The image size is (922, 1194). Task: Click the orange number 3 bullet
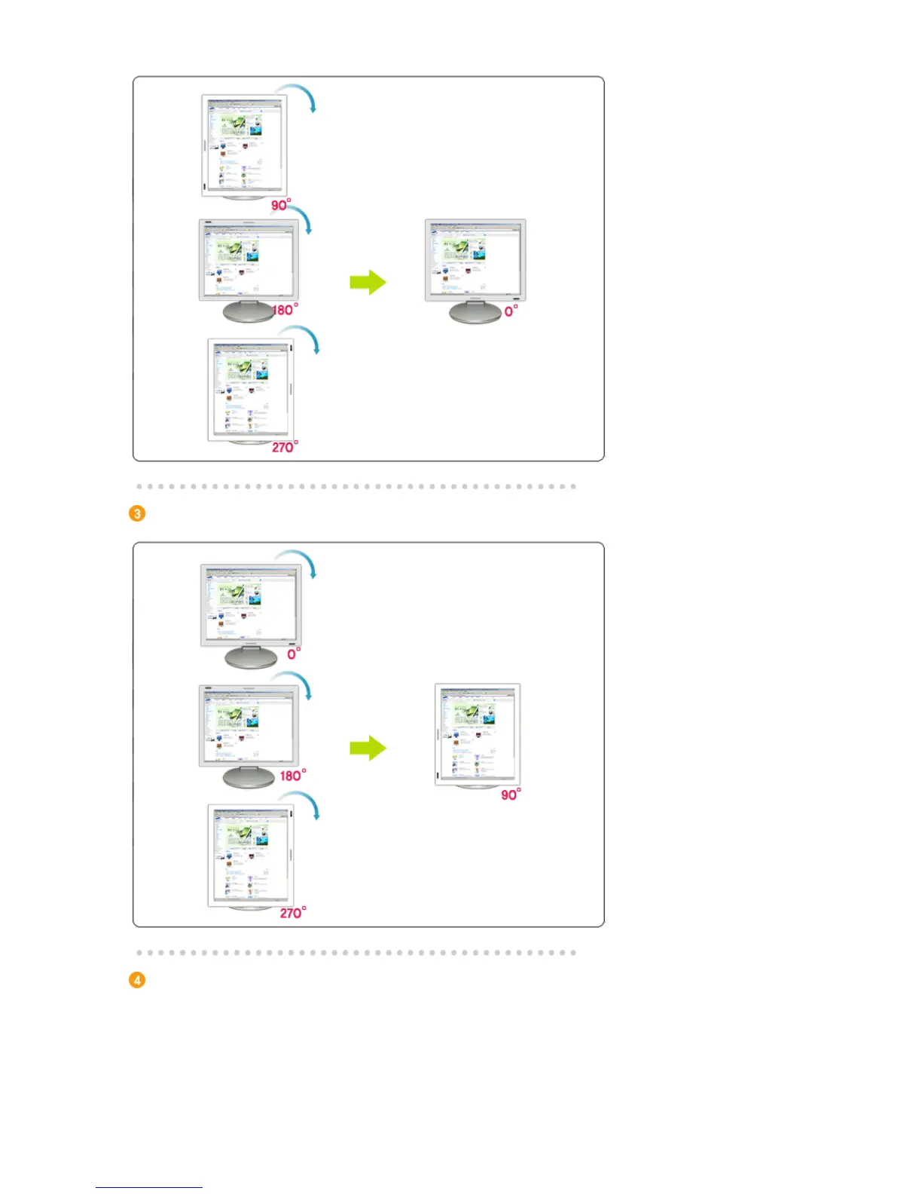click(137, 513)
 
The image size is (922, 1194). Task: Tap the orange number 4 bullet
click(137, 980)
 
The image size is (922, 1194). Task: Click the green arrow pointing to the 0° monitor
click(368, 283)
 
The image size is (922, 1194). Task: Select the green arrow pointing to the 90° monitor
click(368, 749)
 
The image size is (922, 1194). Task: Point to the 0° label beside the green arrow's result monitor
click(511, 311)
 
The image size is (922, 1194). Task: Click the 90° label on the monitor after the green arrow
click(511, 794)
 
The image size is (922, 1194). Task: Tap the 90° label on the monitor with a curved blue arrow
click(280, 205)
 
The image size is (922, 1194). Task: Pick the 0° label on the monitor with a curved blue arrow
click(294, 654)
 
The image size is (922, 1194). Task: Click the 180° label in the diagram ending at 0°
click(285, 310)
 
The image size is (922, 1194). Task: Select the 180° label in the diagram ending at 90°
click(292, 776)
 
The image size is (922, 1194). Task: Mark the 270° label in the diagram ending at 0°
click(284, 447)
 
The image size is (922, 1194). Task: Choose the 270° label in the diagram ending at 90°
click(292, 913)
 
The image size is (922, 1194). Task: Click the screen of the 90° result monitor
click(477, 733)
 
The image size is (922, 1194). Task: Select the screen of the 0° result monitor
click(475, 259)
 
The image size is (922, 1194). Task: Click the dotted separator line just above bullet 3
click(356, 486)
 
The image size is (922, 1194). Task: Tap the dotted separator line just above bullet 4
click(356, 953)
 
